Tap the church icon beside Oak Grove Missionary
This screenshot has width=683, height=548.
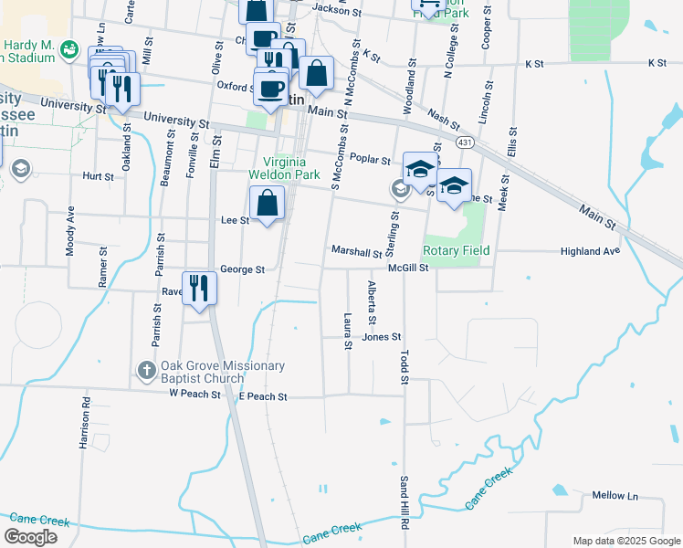tap(145, 371)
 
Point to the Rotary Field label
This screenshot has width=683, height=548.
tap(457, 250)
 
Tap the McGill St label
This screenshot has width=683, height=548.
tap(408, 268)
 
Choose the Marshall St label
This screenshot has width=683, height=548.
tap(356, 251)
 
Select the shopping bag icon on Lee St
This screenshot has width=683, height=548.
tap(267, 203)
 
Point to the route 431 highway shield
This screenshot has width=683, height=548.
tap(466, 143)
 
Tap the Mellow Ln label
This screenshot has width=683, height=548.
tap(615, 496)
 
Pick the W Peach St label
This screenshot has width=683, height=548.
tap(195, 395)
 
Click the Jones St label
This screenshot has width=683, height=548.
tap(382, 337)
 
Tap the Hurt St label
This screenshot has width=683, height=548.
tap(98, 176)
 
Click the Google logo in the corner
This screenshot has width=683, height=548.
tap(32, 537)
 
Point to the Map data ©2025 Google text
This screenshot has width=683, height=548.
tap(625, 540)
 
